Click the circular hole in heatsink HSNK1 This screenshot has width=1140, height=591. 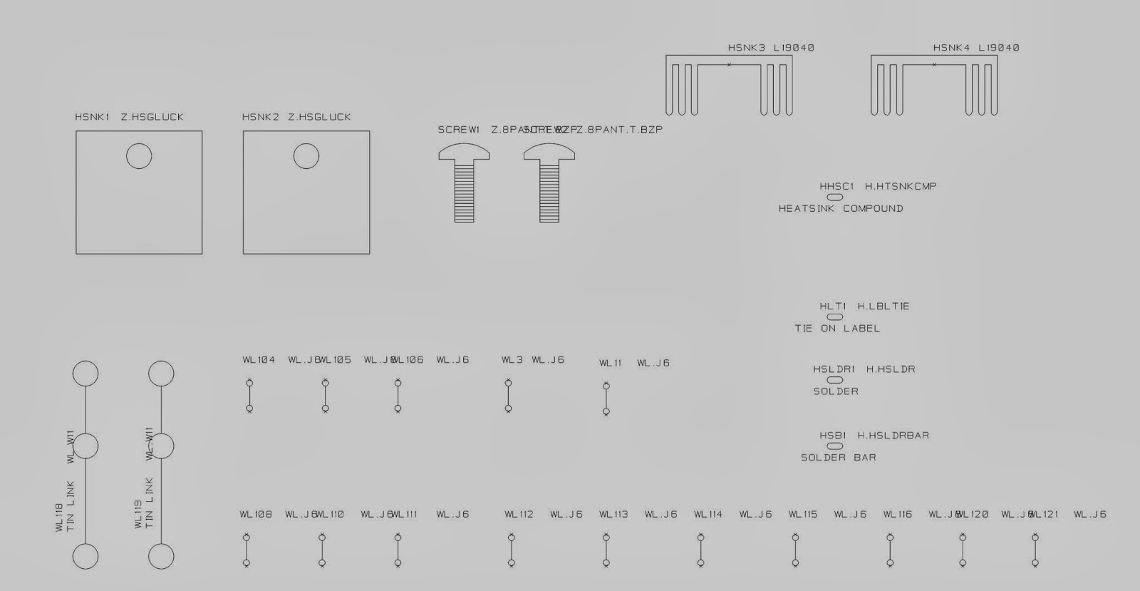[x=139, y=156]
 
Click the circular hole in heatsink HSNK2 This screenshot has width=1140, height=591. [x=306, y=156]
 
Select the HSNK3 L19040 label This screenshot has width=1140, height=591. [x=771, y=48]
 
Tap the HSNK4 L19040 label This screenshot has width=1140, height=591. [x=976, y=48]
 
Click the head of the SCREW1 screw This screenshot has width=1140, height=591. [x=464, y=152]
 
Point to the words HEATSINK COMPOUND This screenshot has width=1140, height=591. [x=841, y=209]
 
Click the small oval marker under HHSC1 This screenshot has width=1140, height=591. [x=835, y=197]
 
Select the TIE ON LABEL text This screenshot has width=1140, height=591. [x=837, y=329]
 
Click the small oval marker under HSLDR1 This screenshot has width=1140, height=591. [x=835, y=380]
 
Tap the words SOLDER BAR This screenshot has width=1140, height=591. [x=838, y=458]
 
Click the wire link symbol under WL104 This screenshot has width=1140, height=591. [x=249, y=396]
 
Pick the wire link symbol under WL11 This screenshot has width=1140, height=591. [x=606, y=399]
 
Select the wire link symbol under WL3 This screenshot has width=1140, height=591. [x=508, y=396]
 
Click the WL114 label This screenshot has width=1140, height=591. [x=708, y=515]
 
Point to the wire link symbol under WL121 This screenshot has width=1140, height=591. [x=1035, y=550]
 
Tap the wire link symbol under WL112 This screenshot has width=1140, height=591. [x=512, y=550]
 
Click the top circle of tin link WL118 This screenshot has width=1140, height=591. [x=85, y=374]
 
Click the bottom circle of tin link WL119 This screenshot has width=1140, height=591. [x=161, y=557]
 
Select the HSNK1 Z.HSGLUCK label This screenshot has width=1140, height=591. [x=129, y=117]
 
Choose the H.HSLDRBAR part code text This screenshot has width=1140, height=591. [x=893, y=436]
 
